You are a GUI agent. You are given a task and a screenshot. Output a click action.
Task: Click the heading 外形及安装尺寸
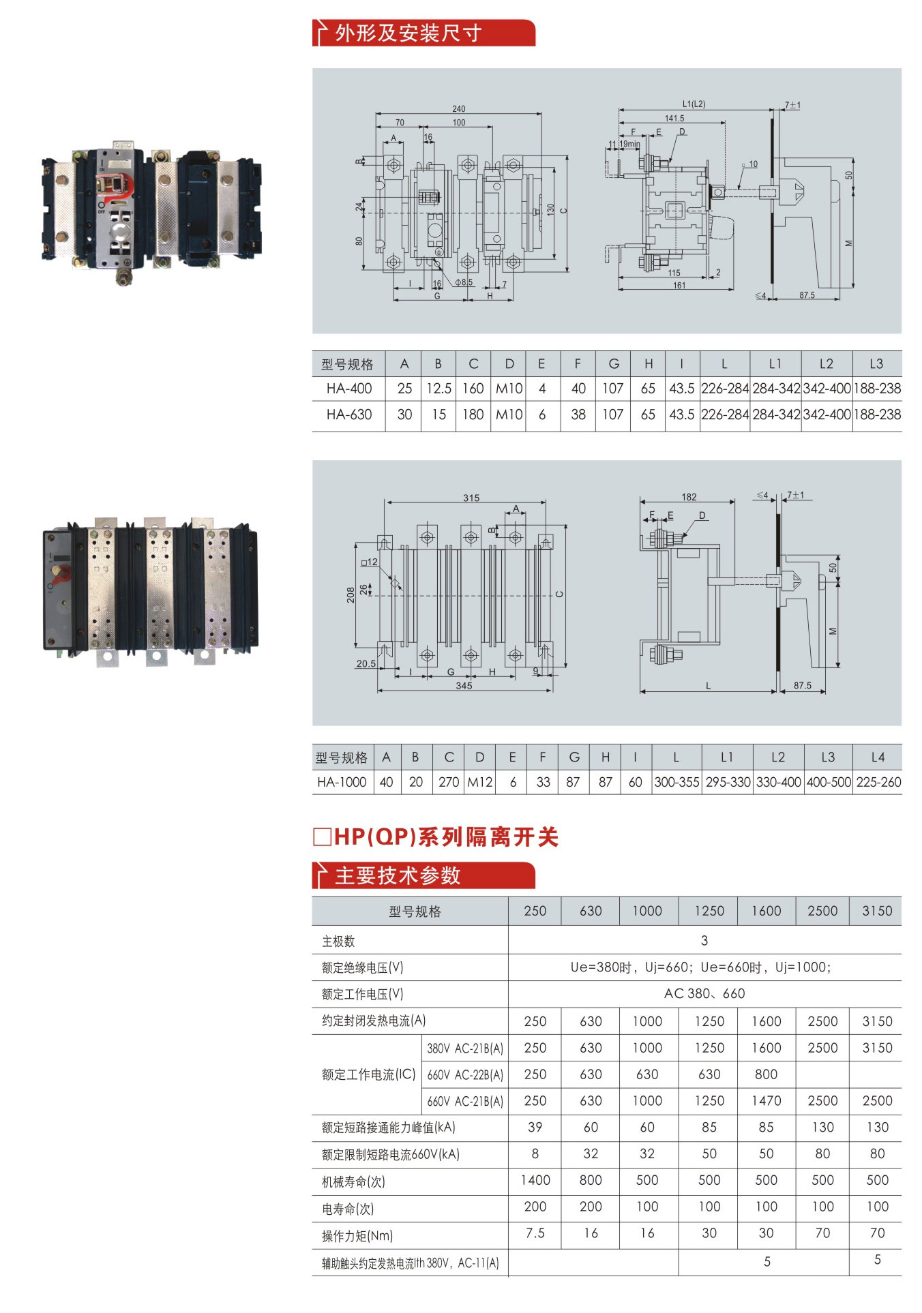click(x=408, y=33)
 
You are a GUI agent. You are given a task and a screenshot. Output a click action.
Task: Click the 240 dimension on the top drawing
click(x=458, y=108)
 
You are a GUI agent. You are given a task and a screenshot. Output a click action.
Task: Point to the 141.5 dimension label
click(x=674, y=118)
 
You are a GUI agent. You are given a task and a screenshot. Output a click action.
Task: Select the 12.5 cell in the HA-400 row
click(x=438, y=389)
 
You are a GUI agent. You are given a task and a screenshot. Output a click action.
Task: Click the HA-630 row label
click(x=348, y=414)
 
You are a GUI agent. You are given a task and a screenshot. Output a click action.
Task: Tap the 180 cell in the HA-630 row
click(x=473, y=414)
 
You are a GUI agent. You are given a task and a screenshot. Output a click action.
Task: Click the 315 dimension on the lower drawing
click(x=471, y=498)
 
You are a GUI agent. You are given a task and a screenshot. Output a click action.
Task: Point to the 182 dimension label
click(x=689, y=497)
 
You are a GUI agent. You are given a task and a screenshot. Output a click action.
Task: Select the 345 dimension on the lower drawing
click(x=464, y=686)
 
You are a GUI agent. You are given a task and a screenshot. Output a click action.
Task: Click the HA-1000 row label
click(x=342, y=782)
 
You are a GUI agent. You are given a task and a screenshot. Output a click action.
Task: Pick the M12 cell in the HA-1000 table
click(x=479, y=782)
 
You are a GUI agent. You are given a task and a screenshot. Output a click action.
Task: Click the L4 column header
click(x=878, y=757)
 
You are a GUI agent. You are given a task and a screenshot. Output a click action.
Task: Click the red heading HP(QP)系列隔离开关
click(x=436, y=837)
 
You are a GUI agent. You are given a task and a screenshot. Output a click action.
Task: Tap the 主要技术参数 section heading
click(x=398, y=876)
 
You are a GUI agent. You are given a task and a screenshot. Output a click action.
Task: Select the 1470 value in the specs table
click(x=766, y=1100)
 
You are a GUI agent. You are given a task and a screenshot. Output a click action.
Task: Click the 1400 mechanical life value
click(x=535, y=1180)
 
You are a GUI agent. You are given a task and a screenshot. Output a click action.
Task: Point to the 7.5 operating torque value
click(x=535, y=1233)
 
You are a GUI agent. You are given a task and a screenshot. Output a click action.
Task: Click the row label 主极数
click(x=338, y=941)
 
